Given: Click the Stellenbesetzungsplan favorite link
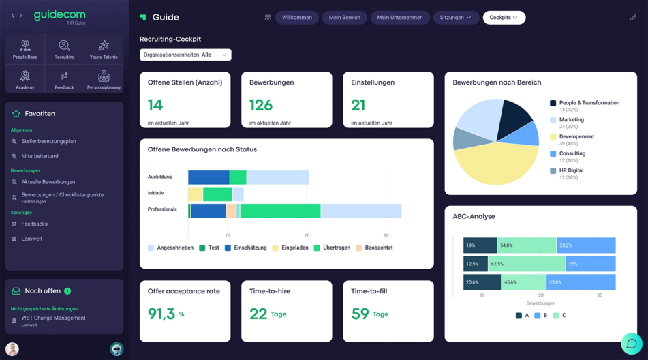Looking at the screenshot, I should pyautogui.click(x=48, y=142).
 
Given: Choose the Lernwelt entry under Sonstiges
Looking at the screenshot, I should pyautogui.click(x=31, y=239).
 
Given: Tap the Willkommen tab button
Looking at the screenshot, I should pyautogui.click(x=296, y=18).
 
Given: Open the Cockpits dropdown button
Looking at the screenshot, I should pyautogui.click(x=504, y=18).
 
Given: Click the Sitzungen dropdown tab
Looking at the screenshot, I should pyautogui.click(x=455, y=18).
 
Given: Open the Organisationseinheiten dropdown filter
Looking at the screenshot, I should pyautogui.click(x=185, y=55).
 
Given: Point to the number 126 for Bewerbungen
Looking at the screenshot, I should pyautogui.click(x=261, y=105).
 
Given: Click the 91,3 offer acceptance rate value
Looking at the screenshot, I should pyautogui.click(x=161, y=314).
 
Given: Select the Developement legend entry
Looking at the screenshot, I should pyautogui.click(x=576, y=136).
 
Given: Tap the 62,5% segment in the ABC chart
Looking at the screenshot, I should pyautogui.click(x=526, y=264).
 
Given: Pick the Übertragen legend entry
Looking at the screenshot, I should pyautogui.click(x=336, y=247).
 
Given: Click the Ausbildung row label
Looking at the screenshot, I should pyautogui.click(x=159, y=177).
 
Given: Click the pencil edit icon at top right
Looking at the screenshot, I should pyautogui.click(x=632, y=18).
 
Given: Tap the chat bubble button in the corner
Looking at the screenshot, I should pyautogui.click(x=631, y=344).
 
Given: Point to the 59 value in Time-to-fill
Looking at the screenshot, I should pyautogui.click(x=360, y=314).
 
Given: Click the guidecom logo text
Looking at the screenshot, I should pyautogui.click(x=60, y=15).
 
